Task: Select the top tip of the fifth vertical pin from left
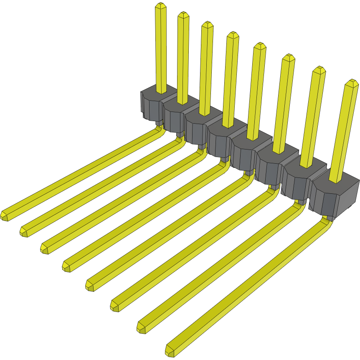(260, 46)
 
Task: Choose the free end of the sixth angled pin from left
(115, 306)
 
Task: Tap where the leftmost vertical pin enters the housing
(161, 91)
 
